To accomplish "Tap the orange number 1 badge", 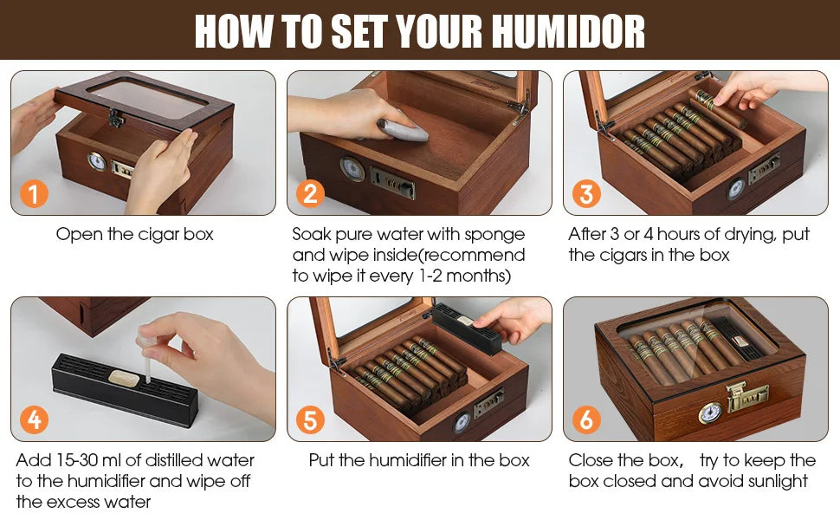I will point(34,193).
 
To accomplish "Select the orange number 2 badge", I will point(310,193).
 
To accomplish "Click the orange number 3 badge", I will point(586,193).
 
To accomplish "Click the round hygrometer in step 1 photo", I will point(98,161).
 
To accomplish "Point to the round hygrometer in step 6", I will point(710,413).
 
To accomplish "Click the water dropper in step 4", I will point(153,356).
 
